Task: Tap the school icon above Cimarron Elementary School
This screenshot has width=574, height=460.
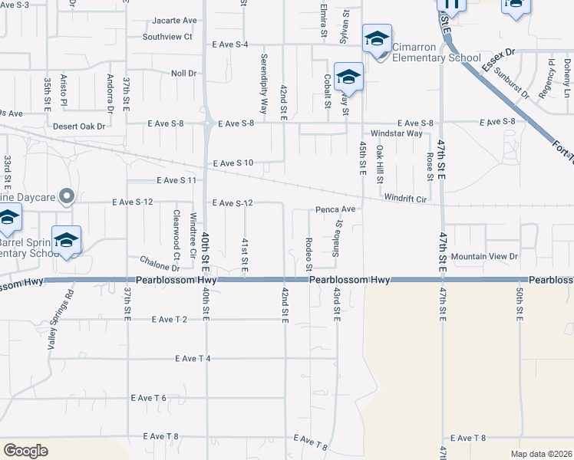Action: (377, 38)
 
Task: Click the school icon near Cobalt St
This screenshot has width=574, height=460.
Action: (348, 77)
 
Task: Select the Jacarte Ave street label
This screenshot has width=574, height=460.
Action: (175, 20)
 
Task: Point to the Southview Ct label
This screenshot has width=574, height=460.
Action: (167, 36)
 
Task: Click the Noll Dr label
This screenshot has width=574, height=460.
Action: (184, 73)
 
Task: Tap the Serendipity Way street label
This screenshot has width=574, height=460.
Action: (264, 84)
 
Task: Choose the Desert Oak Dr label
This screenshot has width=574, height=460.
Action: (78, 126)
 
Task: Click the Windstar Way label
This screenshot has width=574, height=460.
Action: (397, 133)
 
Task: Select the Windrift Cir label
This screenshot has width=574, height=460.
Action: (405, 199)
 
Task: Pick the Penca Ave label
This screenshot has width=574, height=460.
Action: (335, 209)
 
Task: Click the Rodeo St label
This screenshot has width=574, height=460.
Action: (308, 254)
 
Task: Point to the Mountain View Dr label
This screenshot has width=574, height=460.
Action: (484, 256)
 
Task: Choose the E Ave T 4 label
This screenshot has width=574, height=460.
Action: (193, 358)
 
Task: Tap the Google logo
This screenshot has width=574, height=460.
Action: (25, 451)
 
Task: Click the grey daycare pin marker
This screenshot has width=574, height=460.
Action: (67, 198)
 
